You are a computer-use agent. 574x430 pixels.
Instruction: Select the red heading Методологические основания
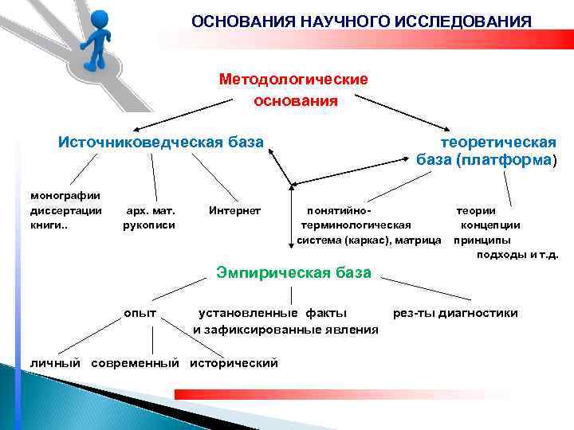pyautogui.click(x=293, y=90)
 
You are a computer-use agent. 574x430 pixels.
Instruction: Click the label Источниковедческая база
pyautogui.click(x=160, y=142)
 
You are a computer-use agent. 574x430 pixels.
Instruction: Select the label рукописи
pyautogui.click(x=149, y=225)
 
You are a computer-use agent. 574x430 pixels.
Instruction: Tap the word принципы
pyautogui.click(x=482, y=240)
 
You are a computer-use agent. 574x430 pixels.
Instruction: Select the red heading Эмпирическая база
pyautogui.click(x=294, y=273)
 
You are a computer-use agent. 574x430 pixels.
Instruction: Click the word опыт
pyautogui.click(x=140, y=312)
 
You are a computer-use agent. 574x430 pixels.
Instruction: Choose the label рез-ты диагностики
pyautogui.click(x=455, y=313)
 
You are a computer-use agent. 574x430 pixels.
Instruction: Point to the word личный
pyautogui.click(x=56, y=363)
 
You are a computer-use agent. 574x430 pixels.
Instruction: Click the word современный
pyautogui.click(x=135, y=363)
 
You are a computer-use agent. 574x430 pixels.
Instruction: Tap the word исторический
pyautogui.click(x=234, y=363)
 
